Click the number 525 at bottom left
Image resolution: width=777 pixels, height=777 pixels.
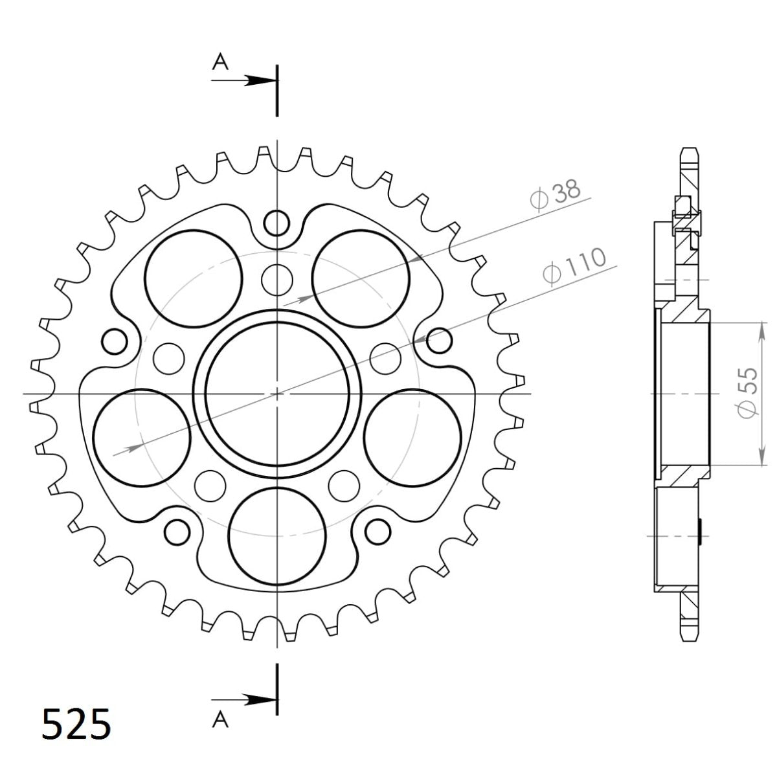coord(75,723)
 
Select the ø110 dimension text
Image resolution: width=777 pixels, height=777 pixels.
coord(574,265)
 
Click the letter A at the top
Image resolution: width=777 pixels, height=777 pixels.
coord(221,62)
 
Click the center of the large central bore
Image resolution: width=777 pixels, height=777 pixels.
coord(277,393)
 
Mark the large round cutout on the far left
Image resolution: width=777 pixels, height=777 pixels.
coord(142,437)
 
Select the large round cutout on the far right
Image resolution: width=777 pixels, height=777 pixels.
coord(412,437)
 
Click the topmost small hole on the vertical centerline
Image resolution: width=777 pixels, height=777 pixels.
coord(277,223)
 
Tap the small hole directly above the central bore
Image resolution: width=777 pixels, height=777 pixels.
coord(277,278)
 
